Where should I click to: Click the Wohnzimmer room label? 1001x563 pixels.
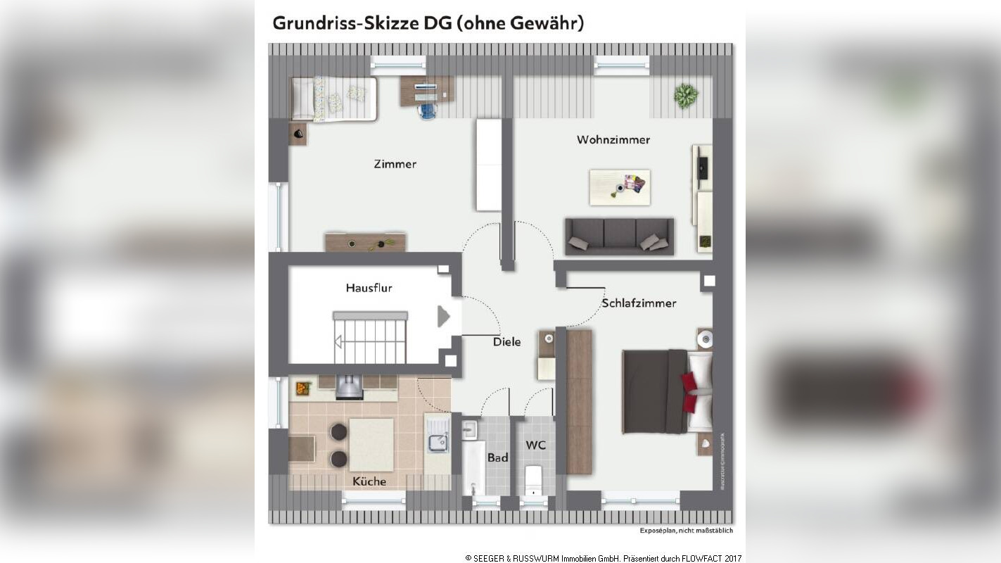pyautogui.click(x=613, y=139)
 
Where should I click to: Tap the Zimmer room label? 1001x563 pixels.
pyautogui.click(x=395, y=164)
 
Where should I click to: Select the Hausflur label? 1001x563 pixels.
pyautogui.click(x=369, y=288)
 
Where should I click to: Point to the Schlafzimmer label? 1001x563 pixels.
pyautogui.click(x=639, y=303)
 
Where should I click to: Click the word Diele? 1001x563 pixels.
pyautogui.click(x=506, y=342)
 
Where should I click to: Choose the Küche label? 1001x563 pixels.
pyautogui.click(x=370, y=481)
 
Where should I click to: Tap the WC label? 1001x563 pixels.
pyautogui.click(x=536, y=445)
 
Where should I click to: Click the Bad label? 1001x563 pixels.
pyautogui.click(x=497, y=458)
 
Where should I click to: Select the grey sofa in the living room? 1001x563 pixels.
pyautogui.click(x=619, y=236)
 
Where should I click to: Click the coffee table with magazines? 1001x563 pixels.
pyautogui.click(x=619, y=187)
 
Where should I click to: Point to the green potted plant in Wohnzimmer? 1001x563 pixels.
pyautogui.click(x=686, y=95)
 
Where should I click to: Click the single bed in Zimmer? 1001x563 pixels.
pyautogui.click(x=334, y=99)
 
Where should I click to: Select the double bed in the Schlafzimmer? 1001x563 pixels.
pyautogui.click(x=667, y=391)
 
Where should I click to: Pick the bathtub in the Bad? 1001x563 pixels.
pyautogui.click(x=473, y=468)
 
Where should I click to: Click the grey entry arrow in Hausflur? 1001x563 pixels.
pyautogui.click(x=443, y=316)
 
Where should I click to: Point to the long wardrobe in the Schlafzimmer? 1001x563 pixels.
pyautogui.click(x=579, y=402)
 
